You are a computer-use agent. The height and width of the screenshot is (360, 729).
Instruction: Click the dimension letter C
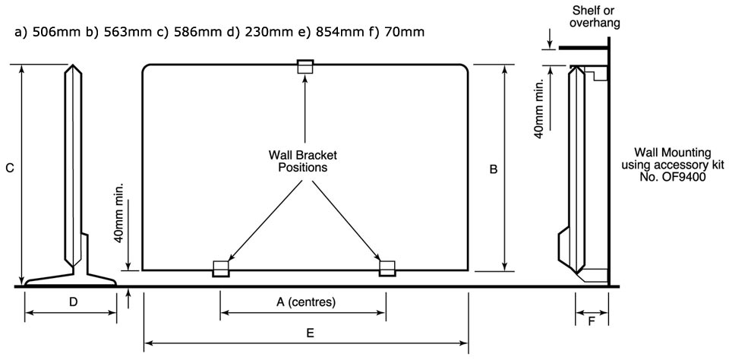(8, 170)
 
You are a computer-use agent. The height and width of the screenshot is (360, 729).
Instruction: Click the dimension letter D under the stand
(73, 302)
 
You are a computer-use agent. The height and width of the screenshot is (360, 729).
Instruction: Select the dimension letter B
(494, 170)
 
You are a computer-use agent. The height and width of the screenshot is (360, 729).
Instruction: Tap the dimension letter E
(311, 333)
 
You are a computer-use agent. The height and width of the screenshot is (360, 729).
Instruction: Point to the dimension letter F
(592, 322)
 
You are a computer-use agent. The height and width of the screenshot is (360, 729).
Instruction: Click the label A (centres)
(305, 302)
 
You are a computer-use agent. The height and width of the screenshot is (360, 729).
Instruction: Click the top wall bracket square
(305, 66)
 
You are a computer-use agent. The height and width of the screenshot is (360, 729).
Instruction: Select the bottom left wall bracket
(221, 268)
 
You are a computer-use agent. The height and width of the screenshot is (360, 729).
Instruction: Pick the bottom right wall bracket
(387, 268)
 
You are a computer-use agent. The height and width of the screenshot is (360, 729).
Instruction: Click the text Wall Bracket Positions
(303, 161)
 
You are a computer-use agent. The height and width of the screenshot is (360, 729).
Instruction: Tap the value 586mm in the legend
(195, 33)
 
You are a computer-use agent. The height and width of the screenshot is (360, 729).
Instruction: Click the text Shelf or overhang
(595, 17)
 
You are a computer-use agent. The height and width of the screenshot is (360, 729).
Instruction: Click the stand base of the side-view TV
(70, 279)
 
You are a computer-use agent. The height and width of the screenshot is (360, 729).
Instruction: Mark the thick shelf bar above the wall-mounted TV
(583, 47)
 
